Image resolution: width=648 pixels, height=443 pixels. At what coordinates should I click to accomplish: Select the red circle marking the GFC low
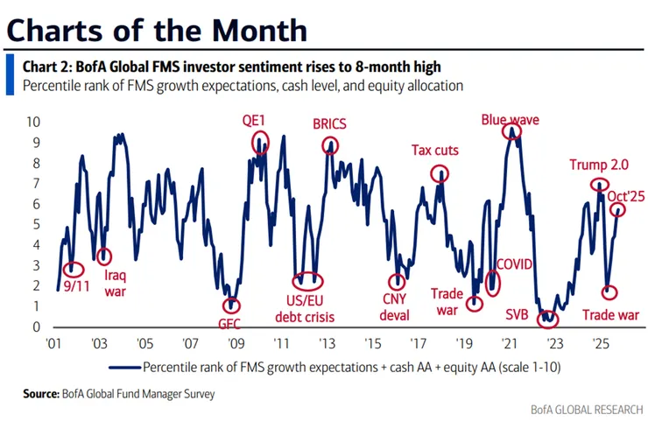point(231,305)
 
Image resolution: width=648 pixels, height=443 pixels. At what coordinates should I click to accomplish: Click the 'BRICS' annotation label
point(330,124)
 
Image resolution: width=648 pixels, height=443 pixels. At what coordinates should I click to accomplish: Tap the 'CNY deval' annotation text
point(397,308)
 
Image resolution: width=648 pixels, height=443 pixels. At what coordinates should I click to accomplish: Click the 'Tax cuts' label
point(435,150)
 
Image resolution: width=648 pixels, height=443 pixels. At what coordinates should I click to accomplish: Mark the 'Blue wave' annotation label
point(511,119)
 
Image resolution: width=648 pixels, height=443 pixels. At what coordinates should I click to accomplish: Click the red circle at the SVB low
point(548,319)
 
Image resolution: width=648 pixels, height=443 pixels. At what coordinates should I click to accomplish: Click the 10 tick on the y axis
point(35,121)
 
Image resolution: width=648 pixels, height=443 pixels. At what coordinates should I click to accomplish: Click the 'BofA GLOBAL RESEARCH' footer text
point(587,410)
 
